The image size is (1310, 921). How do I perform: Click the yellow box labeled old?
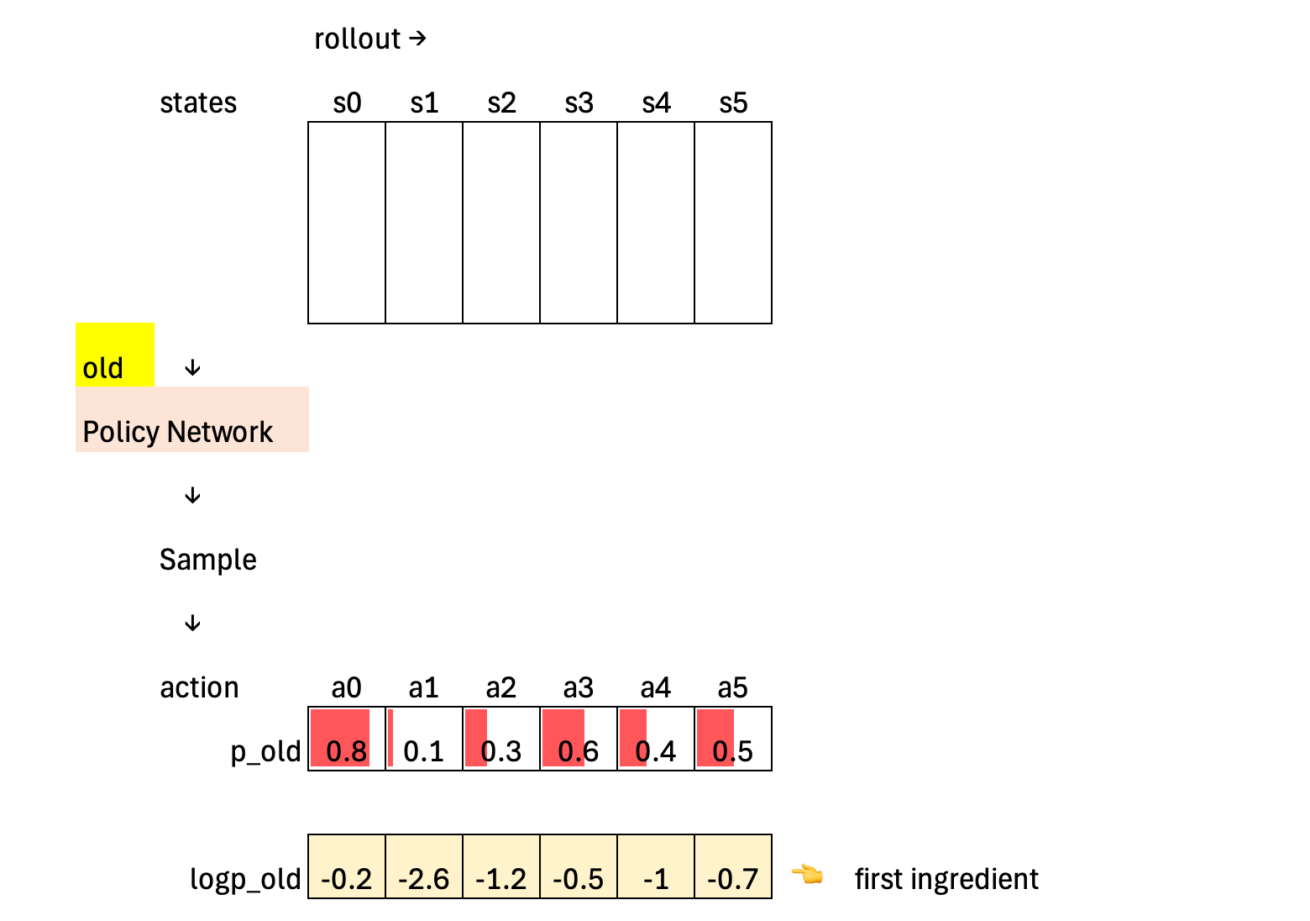point(115,355)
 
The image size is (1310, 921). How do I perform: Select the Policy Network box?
point(191,420)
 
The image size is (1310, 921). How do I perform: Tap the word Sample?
point(208,560)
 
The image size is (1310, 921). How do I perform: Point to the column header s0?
point(347,103)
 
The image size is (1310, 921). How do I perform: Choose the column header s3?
point(579,103)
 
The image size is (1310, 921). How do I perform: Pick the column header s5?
point(733,103)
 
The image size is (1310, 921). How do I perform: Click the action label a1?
point(424,688)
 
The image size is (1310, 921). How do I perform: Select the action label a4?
point(656,688)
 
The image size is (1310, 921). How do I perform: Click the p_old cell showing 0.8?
point(347,739)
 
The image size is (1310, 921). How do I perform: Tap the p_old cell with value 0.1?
point(424,739)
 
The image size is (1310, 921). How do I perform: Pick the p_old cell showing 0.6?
point(579,739)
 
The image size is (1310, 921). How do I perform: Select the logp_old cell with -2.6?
point(424,867)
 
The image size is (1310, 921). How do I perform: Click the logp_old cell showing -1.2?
point(501,867)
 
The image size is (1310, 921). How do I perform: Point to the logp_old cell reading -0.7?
point(733,867)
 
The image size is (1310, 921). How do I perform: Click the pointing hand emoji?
point(808,876)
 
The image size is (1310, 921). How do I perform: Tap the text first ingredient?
point(946,879)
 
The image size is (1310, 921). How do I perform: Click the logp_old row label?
point(245,879)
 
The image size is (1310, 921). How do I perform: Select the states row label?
point(198,103)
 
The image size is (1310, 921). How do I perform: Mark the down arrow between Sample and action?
point(192,624)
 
